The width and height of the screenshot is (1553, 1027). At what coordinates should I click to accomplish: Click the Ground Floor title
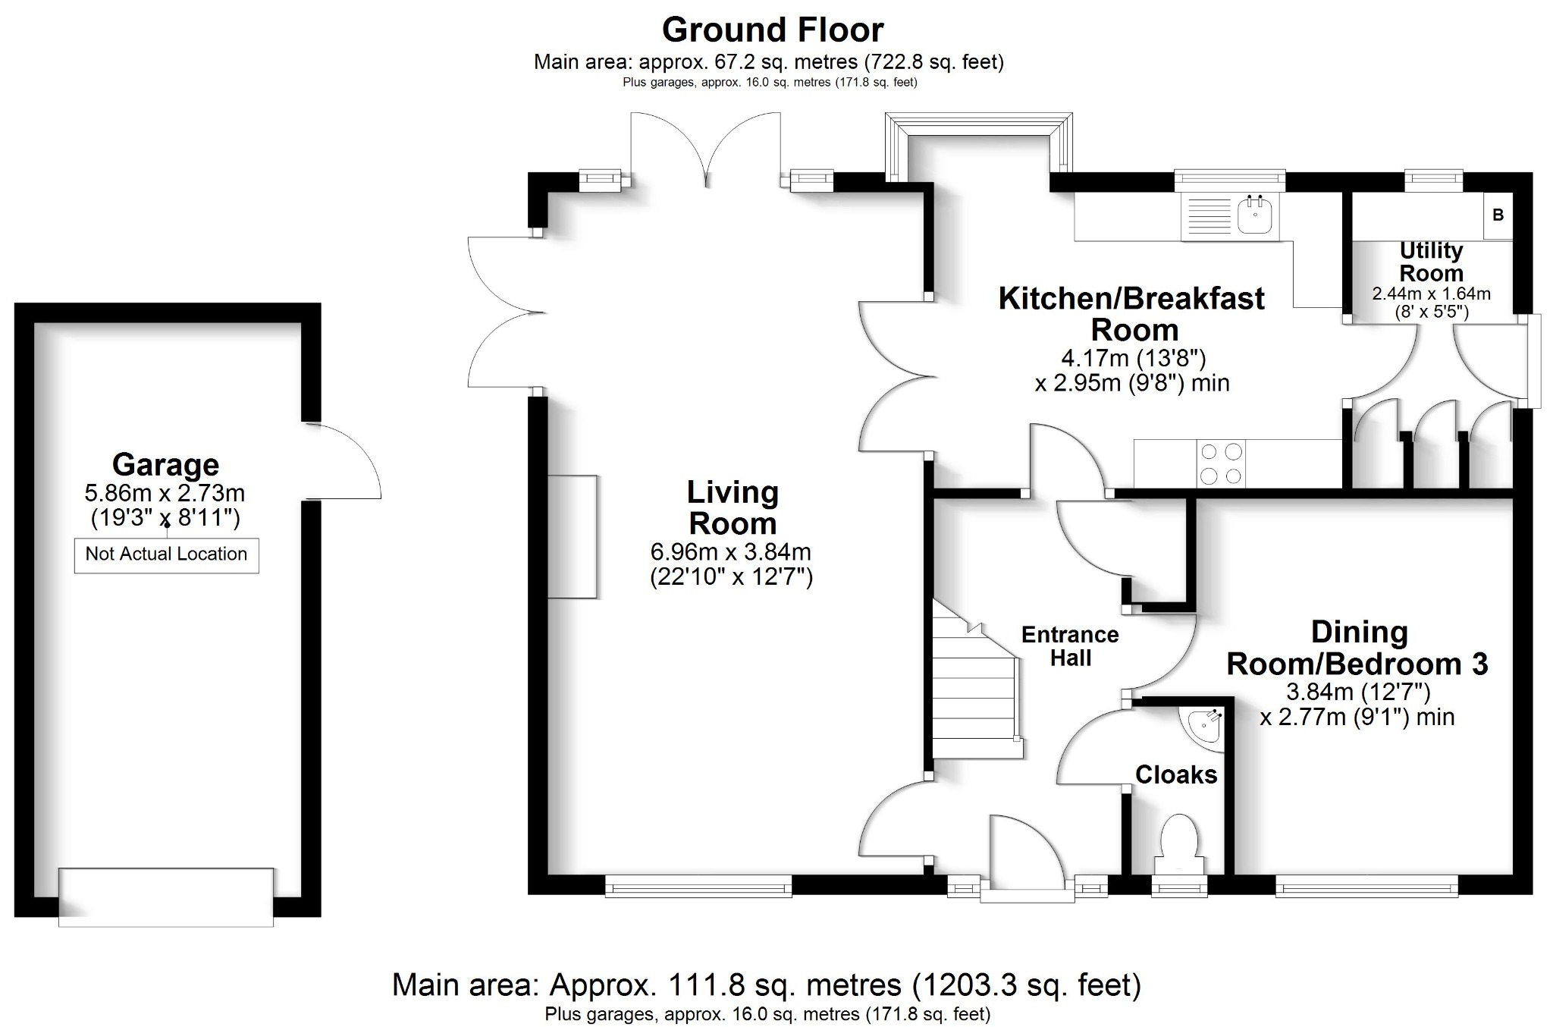pos(773,30)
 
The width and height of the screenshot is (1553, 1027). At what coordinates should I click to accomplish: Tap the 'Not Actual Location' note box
pos(166,554)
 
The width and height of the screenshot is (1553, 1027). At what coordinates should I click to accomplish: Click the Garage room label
pos(165,464)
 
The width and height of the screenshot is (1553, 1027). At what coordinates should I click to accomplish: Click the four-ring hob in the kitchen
pos(1222,463)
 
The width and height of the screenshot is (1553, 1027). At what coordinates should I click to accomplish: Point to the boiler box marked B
pos(1498,215)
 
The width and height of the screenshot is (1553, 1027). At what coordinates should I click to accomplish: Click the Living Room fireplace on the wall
pos(573,536)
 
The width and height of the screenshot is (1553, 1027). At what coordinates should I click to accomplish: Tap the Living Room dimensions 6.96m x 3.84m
pos(731,551)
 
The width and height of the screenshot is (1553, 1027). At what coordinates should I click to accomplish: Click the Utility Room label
pos(1431,262)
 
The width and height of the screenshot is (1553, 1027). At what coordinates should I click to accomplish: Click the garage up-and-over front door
pos(166,897)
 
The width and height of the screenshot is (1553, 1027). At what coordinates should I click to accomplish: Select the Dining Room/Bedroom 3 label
pos(1357,648)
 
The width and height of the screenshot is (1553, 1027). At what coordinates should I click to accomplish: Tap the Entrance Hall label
pos(1070,646)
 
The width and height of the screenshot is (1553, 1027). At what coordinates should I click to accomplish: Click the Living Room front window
pos(698,886)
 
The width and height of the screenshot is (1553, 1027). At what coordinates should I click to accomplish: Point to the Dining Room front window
pos(1366,886)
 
